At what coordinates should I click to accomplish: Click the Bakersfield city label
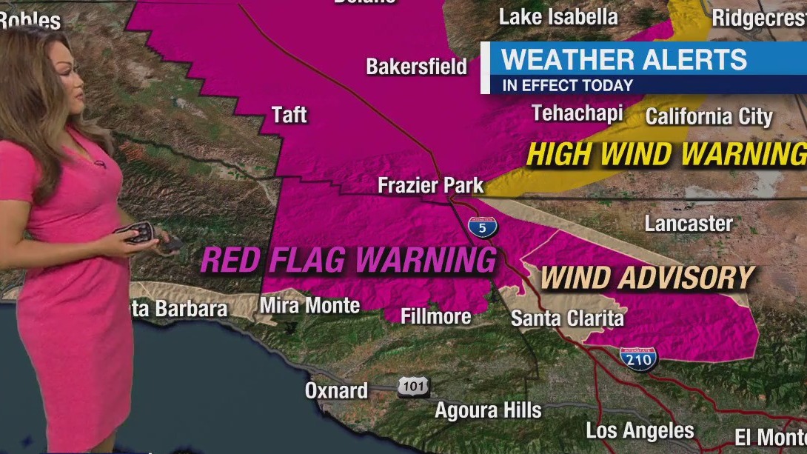click(x=417, y=67)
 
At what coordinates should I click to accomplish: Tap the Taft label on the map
click(x=289, y=115)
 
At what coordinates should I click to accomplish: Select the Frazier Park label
click(x=430, y=184)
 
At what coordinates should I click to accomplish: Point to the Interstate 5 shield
click(x=482, y=228)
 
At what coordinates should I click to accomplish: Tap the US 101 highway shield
click(x=413, y=386)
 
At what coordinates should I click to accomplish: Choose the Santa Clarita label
click(x=567, y=318)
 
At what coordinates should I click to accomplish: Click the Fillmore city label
click(x=435, y=316)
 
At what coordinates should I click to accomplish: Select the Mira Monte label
click(x=309, y=305)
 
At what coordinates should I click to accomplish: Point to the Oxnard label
click(x=336, y=390)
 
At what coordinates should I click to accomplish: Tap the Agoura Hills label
click(x=488, y=410)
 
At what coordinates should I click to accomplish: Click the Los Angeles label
click(x=640, y=430)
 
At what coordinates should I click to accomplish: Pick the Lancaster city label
click(x=689, y=224)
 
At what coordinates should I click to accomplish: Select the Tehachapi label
click(x=577, y=113)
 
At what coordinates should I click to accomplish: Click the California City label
click(x=709, y=116)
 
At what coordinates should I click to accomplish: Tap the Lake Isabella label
click(x=558, y=17)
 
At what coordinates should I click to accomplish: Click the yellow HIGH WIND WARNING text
click(x=666, y=154)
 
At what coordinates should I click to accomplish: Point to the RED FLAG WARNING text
click(x=348, y=260)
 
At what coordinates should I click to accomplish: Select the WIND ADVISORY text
click(x=647, y=278)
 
